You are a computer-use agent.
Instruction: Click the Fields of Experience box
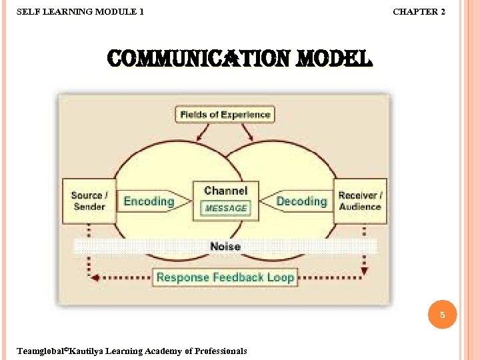tap(225, 114)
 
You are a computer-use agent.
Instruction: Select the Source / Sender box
tap(89, 201)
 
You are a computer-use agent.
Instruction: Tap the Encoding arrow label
tap(149, 201)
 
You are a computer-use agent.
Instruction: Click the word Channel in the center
tap(225, 191)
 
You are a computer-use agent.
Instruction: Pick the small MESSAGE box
tap(225, 208)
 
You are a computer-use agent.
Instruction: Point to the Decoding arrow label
tap(301, 201)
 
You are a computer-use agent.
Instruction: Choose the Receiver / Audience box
tap(360, 201)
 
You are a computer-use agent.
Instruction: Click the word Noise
tap(225, 246)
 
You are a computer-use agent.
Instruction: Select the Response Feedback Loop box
tap(225, 277)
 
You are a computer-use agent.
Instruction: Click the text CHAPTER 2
tap(419, 11)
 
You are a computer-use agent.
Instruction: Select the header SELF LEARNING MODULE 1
tap(79, 11)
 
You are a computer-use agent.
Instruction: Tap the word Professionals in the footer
tap(217, 351)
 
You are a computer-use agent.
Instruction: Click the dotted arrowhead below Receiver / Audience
tap(363, 271)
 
